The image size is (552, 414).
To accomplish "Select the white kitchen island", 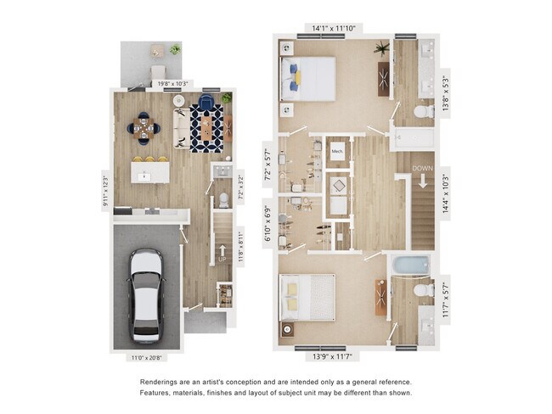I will pos(145,176).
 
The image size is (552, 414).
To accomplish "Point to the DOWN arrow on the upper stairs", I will pos(422,181).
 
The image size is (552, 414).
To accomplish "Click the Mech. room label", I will pos(337,152).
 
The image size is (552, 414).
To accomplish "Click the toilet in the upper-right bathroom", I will pos(422,112).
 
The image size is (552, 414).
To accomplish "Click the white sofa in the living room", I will pos(181,129).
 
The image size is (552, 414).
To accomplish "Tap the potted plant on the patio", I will pos(175,50).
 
